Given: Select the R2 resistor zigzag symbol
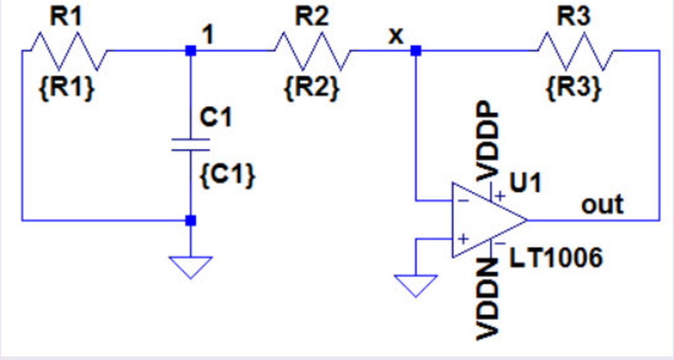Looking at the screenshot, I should [312, 51].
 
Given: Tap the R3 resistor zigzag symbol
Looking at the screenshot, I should [575, 51].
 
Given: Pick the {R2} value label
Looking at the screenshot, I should [312, 88].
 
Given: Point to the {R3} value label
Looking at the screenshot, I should [573, 88].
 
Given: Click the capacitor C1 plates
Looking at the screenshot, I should [190, 145].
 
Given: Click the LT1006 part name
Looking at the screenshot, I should [556, 259].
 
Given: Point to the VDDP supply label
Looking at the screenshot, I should [487, 141].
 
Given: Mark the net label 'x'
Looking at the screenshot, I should [395, 36].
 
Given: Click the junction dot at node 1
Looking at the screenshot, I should [190, 51].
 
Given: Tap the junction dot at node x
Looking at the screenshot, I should [415, 51].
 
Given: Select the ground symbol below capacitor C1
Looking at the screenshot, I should [190, 267].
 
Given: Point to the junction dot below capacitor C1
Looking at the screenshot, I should [190, 220].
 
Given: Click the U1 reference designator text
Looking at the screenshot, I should [526, 183].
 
